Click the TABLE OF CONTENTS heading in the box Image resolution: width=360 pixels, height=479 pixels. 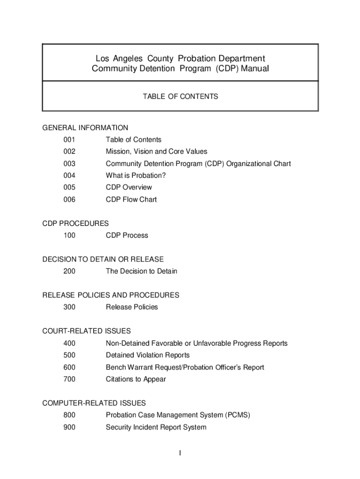click(x=180, y=97)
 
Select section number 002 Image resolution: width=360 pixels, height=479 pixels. click(x=69, y=152)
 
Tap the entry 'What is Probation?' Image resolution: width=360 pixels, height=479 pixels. click(x=136, y=175)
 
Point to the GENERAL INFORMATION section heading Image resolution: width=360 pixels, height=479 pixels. click(x=85, y=128)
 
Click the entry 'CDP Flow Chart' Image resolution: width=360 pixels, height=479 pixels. click(x=131, y=199)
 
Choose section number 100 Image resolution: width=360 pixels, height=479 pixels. click(x=69, y=235)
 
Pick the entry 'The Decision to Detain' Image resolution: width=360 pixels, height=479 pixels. click(x=141, y=271)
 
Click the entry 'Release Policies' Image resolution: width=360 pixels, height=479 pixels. click(x=132, y=307)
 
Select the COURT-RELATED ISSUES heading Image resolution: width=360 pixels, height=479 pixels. click(x=86, y=331)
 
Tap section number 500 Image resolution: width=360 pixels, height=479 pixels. click(x=69, y=355)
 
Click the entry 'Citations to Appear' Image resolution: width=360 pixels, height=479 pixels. click(x=136, y=379)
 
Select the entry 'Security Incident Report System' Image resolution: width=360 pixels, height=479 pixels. click(x=156, y=427)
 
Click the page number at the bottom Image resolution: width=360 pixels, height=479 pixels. click(x=180, y=453)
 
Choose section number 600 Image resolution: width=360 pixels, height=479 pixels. click(x=69, y=367)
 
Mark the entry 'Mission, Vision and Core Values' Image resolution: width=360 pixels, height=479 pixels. click(x=156, y=152)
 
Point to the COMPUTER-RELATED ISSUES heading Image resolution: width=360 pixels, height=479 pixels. click(x=94, y=403)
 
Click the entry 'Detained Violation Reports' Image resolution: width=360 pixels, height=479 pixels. click(x=147, y=355)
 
